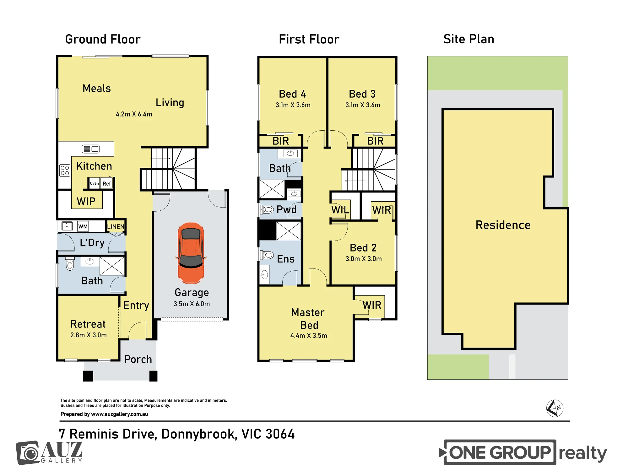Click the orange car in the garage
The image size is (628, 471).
[x=191, y=253]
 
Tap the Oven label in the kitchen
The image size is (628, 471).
[x=94, y=183]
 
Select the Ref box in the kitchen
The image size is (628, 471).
[x=107, y=183]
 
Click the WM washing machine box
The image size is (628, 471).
[x=83, y=226]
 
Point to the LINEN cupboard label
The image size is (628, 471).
[x=116, y=226]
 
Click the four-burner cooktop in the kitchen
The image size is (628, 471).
[x=65, y=171]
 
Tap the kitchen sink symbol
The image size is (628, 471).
[x=91, y=149]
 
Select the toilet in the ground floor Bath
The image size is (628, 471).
[x=70, y=264]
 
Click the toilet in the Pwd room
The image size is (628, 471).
[x=267, y=209]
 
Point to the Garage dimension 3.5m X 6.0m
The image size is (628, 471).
[x=192, y=304]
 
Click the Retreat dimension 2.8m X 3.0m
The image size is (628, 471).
[x=89, y=335]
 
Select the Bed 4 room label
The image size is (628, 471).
[x=293, y=94]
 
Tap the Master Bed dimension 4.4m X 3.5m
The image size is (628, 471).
[x=309, y=336]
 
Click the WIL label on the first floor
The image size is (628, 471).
[x=340, y=210]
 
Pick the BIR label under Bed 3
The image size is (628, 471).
[x=375, y=141]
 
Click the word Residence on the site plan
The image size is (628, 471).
[x=503, y=225]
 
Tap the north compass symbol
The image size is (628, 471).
[x=555, y=408]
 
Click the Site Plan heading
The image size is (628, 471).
[x=469, y=39]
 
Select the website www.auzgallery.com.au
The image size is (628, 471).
[x=119, y=414]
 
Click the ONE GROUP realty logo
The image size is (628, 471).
[x=523, y=452]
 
